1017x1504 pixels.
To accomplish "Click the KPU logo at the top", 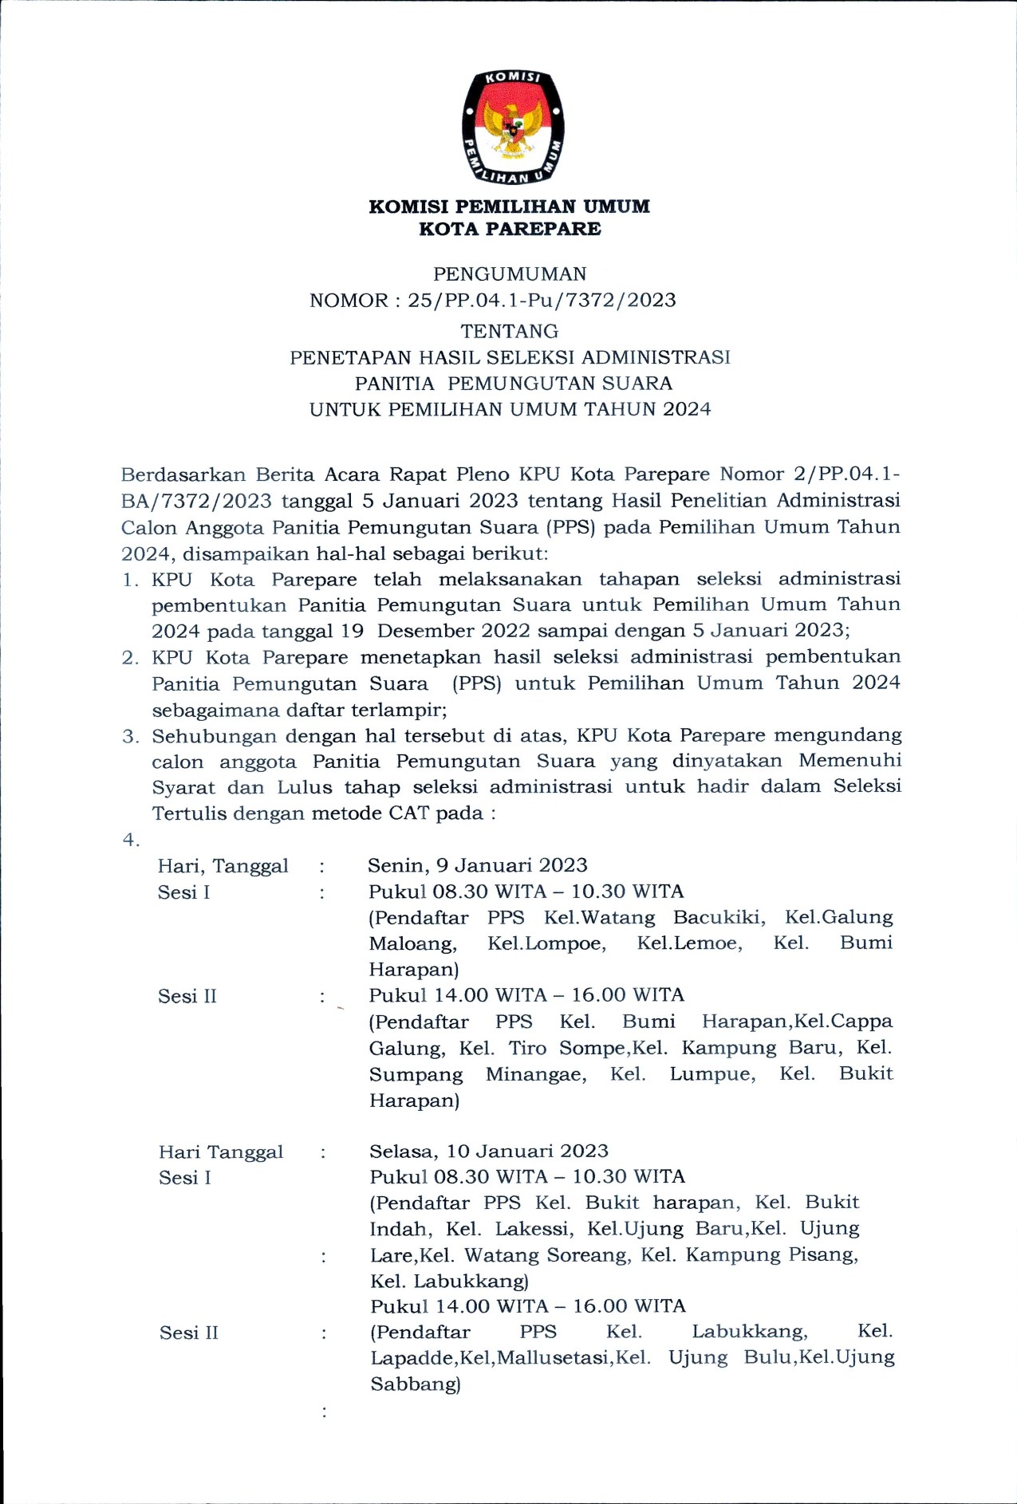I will (x=513, y=127).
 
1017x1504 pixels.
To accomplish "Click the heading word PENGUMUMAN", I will (x=510, y=274).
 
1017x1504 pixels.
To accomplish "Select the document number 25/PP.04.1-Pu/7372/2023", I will (x=542, y=301).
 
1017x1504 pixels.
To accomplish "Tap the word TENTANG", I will (x=510, y=331).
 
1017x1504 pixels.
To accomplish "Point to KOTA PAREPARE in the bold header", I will (x=510, y=229).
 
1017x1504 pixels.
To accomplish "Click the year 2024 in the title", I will (x=687, y=410).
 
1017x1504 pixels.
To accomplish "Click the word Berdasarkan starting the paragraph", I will (x=183, y=475).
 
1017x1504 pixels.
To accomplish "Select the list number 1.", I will (x=130, y=581).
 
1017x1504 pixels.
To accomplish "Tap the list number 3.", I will (x=130, y=736).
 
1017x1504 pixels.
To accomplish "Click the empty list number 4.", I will (x=130, y=840).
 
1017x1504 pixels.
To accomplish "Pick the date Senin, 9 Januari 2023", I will (x=477, y=866).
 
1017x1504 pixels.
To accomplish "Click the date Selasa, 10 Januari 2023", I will (x=488, y=1151).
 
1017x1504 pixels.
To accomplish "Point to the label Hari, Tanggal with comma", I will (x=223, y=866).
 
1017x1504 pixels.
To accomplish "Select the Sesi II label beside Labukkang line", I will (x=188, y=1333).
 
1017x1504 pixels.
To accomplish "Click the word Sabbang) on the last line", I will (x=415, y=1384).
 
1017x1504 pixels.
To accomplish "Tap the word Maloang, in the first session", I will (x=412, y=944).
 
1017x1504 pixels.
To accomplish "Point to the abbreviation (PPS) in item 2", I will (x=476, y=683).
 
